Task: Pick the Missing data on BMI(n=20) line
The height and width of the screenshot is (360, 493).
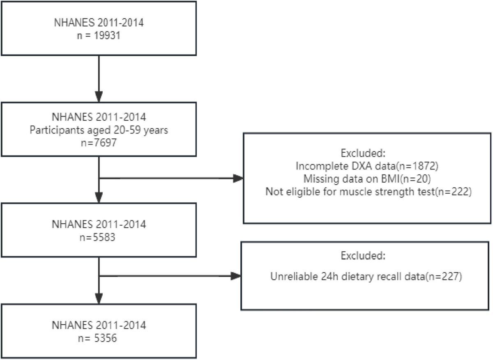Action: click(x=362, y=180)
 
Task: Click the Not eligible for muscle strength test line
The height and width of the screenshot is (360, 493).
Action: click(x=362, y=191)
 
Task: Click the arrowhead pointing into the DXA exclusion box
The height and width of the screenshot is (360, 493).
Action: click(x=238, y=179)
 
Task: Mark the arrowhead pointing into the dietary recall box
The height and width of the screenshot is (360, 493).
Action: click(x=235, y=275)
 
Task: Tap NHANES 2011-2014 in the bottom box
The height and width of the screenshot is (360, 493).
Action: click(x=99, y=326)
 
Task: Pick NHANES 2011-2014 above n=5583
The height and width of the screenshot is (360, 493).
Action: click(x=99, y=225)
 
